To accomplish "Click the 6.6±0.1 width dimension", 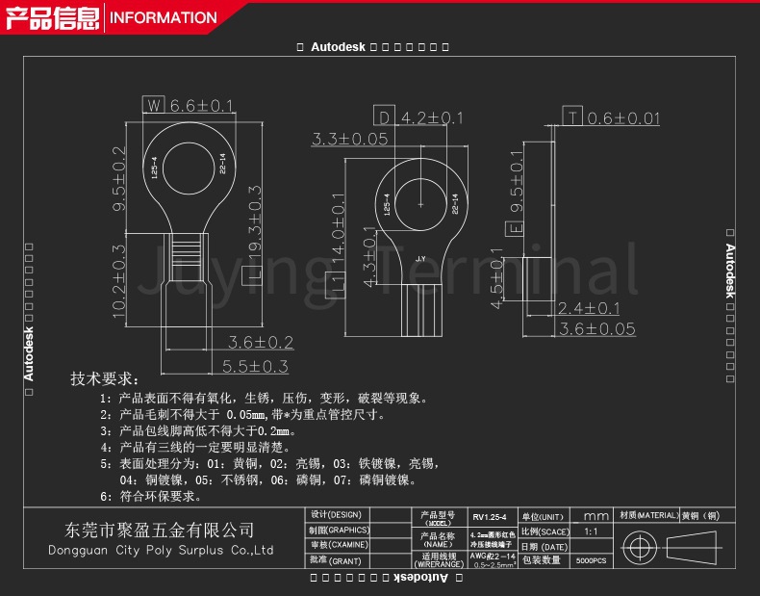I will pyautogui.click(x=203, y=105).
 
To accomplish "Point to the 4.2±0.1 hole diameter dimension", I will pyautogui.click(x=432, y=117).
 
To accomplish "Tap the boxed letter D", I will pyautogui.click(x=384, y=117).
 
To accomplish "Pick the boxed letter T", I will pyautogui.click(x=573, y=117).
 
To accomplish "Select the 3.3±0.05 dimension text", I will pyautogui.click(x=349, y=140).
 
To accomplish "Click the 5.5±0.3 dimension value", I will pyautogui.click(x=255, y=366).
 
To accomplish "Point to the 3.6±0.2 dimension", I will pyautogui.click(x=260, y=342).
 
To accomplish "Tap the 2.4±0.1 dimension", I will pyautogui.click(x=589, y=308).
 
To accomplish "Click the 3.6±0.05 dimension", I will pyautogui.click(x=597, y=328).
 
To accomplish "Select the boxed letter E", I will pyautogui.click(x=515, y=228).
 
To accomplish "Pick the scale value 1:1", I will pyautogui.click(x=591, y=531).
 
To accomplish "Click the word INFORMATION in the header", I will pyautogui.click(x=164, y=17).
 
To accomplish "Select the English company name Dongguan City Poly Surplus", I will pyautogui.click(x=161, y=550).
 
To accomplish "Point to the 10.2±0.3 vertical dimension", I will pyautogui.click(x=119, y=281).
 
